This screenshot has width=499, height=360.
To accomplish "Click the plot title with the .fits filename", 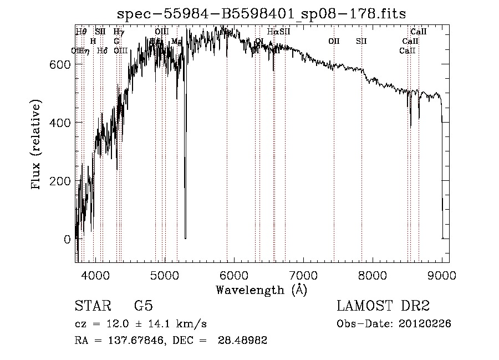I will (x=262, y=14).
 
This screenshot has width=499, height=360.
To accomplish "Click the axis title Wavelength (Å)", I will (x=262, y=290).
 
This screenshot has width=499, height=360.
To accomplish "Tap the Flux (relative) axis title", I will (x=37, y=145).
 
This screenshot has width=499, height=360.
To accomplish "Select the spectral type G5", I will (x=143, y=306).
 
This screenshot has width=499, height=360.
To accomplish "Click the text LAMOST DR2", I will (x=383, y=306).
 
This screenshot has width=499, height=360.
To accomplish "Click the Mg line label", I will (x=176, y=42).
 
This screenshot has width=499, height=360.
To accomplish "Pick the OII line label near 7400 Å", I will (x=334, y=41).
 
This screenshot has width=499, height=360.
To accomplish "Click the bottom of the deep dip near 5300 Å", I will (x=185, y=237).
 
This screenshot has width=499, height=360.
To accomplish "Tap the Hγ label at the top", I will (x=118, y=32).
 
